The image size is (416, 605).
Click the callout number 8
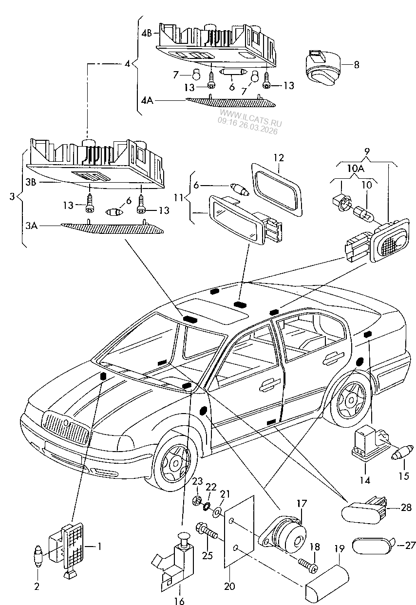[357, 64]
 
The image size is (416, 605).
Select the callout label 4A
[147, 100]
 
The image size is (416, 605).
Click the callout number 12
[278, 157]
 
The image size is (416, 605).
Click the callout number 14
[365, 480]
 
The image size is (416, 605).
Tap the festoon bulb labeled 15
[401, 454]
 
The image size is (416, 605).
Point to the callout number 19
[339, 548]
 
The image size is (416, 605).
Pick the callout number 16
[179, 598]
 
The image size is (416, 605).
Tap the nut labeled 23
[198, 499]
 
